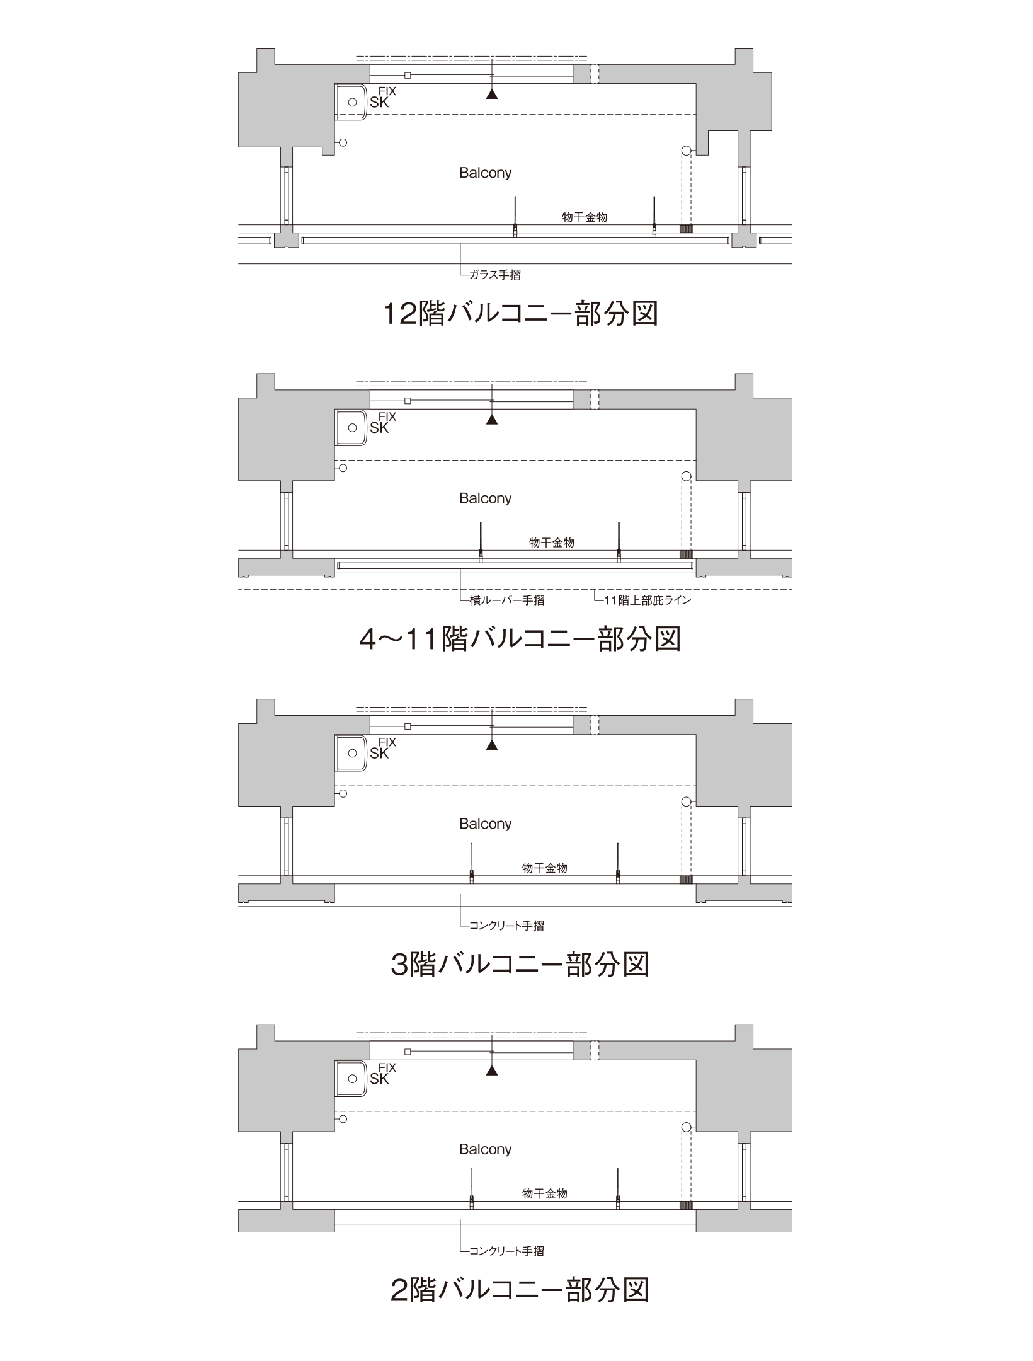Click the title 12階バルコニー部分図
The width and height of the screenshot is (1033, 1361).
coord(520,313)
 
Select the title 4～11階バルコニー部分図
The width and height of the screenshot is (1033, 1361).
coord(520,639)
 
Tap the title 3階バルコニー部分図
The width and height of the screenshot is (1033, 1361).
coord(520,965)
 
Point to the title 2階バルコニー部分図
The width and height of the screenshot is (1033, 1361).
coord(520,1290)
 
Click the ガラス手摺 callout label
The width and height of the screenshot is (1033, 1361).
coord(495,275)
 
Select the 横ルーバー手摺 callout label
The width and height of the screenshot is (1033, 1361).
coord(507,600)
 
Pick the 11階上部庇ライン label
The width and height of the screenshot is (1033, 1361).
coord(648,600)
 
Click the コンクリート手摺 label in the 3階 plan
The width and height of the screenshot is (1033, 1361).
coord(507,926)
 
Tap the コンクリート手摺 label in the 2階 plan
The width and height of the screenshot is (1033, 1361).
coord(507,1251)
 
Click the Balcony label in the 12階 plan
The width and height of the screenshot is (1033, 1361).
coord(485,173)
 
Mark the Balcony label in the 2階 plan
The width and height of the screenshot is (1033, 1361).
coord(485,1149)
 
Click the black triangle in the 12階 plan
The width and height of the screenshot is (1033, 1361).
coord(492,95)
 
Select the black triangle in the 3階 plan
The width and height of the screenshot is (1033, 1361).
coord(492,745)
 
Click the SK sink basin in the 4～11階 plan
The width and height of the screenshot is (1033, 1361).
coord(351,428)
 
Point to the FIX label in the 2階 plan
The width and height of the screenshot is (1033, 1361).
coord(387,1067)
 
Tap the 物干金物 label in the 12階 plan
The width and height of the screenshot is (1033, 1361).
coord(585,217)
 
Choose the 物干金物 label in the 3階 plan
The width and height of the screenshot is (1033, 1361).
coord(545,868)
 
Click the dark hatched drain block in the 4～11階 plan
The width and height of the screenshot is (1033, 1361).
coord(686,554)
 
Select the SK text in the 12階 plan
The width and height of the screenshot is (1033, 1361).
coord(379,103)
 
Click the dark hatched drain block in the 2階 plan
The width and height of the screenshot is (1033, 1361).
coord(686,1205)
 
